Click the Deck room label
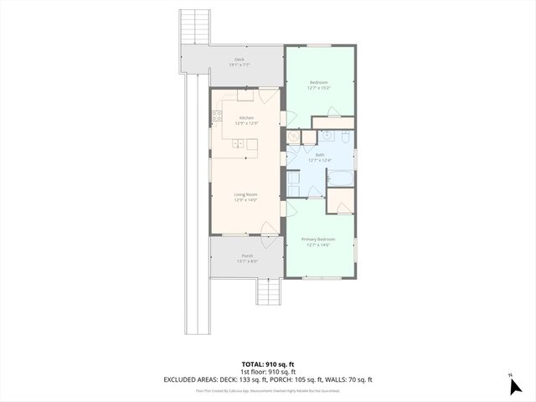(240, 59)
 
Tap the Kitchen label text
(246, 118)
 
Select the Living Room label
(245, 194)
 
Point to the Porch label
(247, 255)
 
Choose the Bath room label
(320, 154)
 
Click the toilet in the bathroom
(293, 178)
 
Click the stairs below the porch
(268, 292)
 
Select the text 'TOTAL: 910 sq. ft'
(268, 364)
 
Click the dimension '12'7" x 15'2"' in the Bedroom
(319, 87)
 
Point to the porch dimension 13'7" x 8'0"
(247, 261)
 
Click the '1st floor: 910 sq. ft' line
(268, 372)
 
